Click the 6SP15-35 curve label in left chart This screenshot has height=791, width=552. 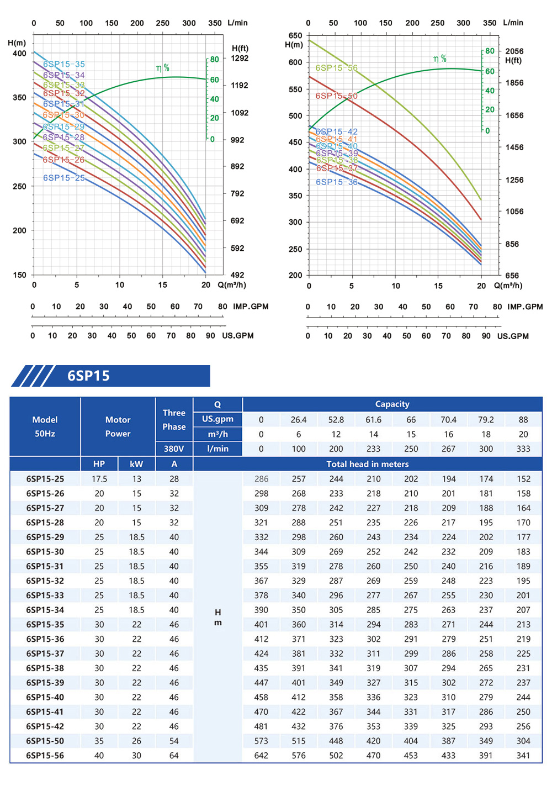[x=64, y=64]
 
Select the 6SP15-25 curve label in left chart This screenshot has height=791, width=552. [x=64, y=178]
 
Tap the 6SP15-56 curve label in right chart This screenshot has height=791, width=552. [x=336, y=68]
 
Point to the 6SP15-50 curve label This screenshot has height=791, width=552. [x=336, y=96]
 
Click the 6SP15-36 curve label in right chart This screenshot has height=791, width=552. [x=336, y=182]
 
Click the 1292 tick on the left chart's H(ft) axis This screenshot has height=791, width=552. [x=240, y=58]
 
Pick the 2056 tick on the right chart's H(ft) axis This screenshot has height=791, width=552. [x=514, y=51]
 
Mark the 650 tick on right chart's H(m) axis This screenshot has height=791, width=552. [x=295, y=35]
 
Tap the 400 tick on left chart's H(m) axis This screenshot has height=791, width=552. [x=19, y=54]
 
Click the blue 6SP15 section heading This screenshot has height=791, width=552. [x=88, y=376]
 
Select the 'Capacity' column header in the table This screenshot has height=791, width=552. [x=392, y=404]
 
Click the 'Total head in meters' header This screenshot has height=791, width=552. [x=367, y=464]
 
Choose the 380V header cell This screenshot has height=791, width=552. [x=174, y=449]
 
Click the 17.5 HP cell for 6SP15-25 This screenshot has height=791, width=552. [x=99, y=479]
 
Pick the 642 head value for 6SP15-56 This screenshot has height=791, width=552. [x=261, y=756]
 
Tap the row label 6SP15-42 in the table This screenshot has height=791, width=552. [x=45, y=726]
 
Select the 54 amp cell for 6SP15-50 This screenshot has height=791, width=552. [x=174, y=741]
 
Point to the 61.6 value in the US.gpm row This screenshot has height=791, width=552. [x=374, y=420]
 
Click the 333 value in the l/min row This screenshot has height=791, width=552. [x=523, y=449]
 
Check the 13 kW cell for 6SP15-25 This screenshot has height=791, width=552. [x=136, y=479]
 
